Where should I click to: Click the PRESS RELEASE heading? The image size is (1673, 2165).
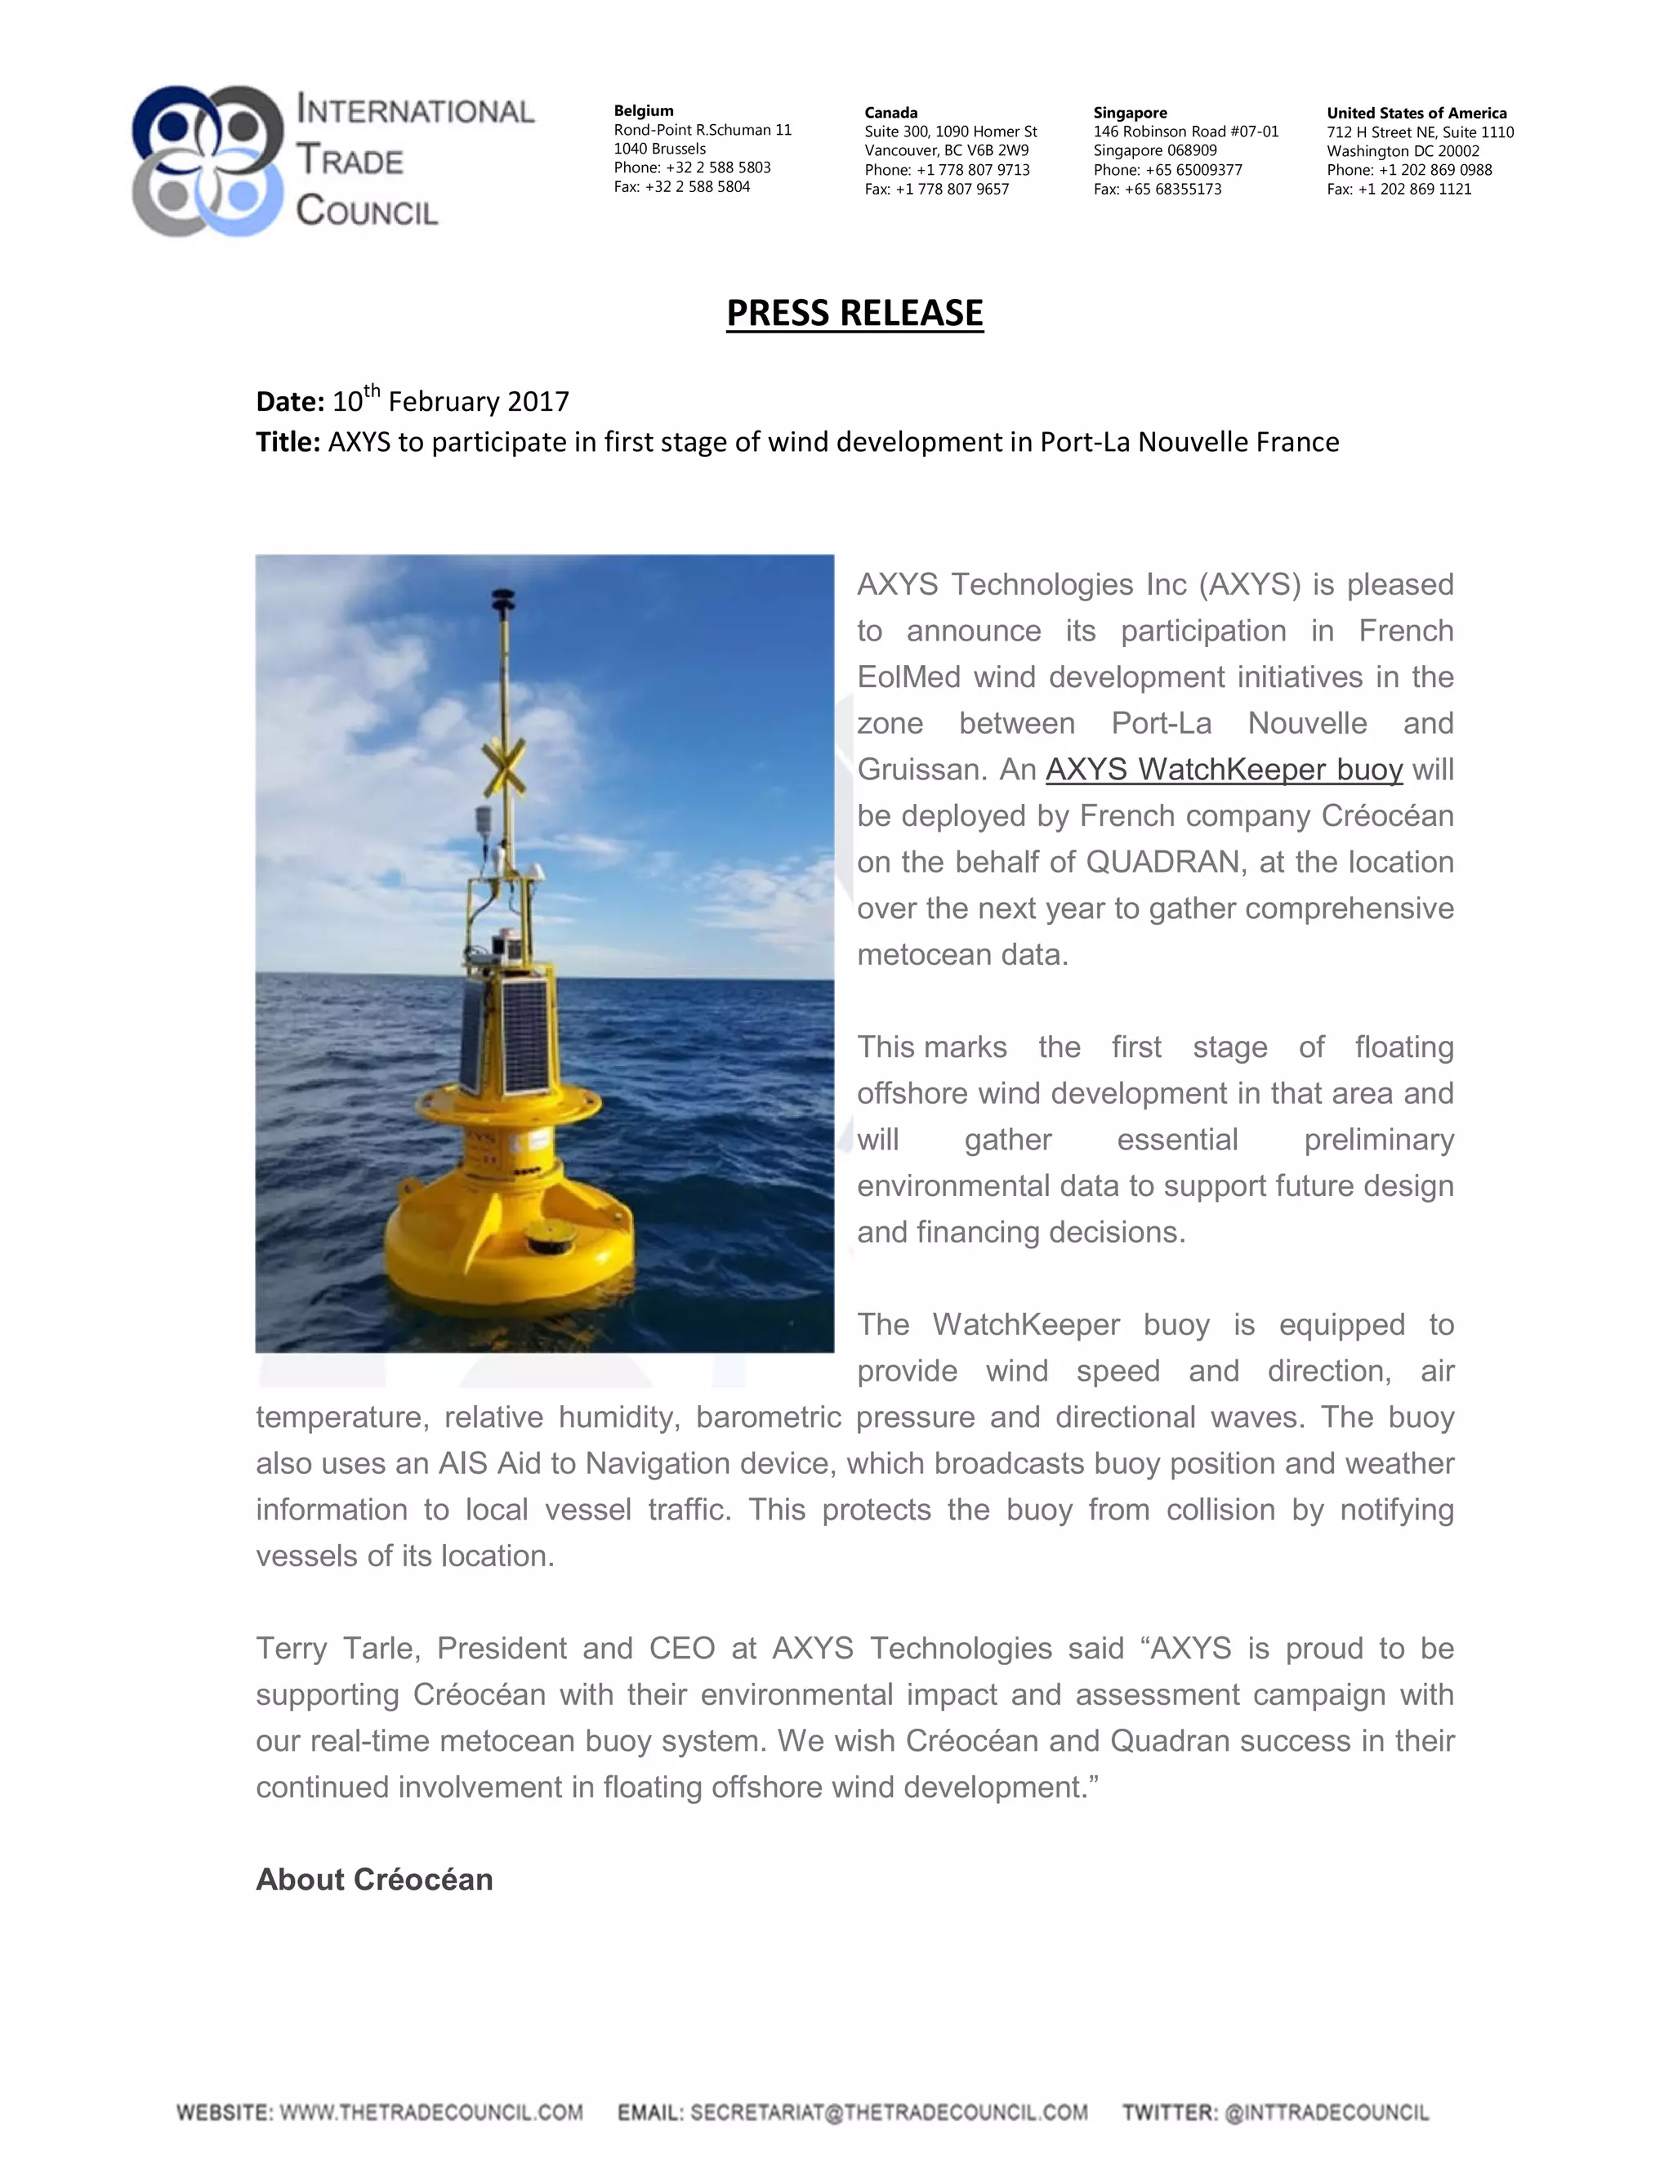tap(854, 313)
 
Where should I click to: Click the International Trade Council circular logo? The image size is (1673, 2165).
tap(208, 161)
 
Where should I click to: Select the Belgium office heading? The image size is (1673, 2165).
tap(643, 111)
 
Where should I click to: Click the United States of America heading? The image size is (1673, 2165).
tap(1416, 113)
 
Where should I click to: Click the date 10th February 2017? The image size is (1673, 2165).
tap(450, 400)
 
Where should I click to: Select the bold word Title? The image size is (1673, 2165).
tap(287, 442)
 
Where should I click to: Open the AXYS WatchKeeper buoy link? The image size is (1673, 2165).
tap(1224, 770)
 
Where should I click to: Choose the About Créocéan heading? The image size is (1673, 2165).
tap(375, 1880)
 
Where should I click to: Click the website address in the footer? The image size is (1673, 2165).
tap(431, 2113)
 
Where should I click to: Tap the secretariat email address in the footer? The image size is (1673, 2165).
tap(888, 2113)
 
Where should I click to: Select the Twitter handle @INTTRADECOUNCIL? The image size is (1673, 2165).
tap(1326, 2113)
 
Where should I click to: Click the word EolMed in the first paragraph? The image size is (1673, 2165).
tap(906, 677)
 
